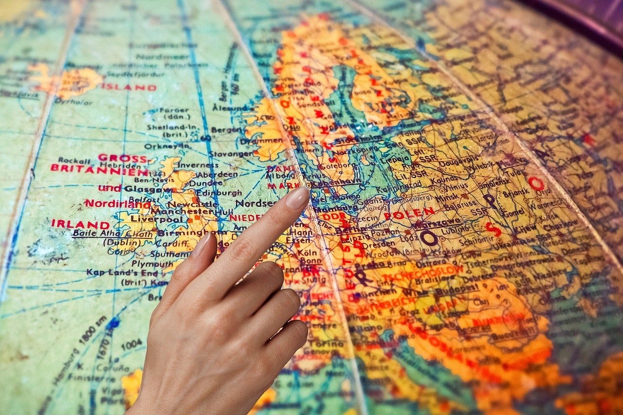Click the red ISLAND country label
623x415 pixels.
129,88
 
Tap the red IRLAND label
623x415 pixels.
80,224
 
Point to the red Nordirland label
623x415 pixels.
117,204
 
